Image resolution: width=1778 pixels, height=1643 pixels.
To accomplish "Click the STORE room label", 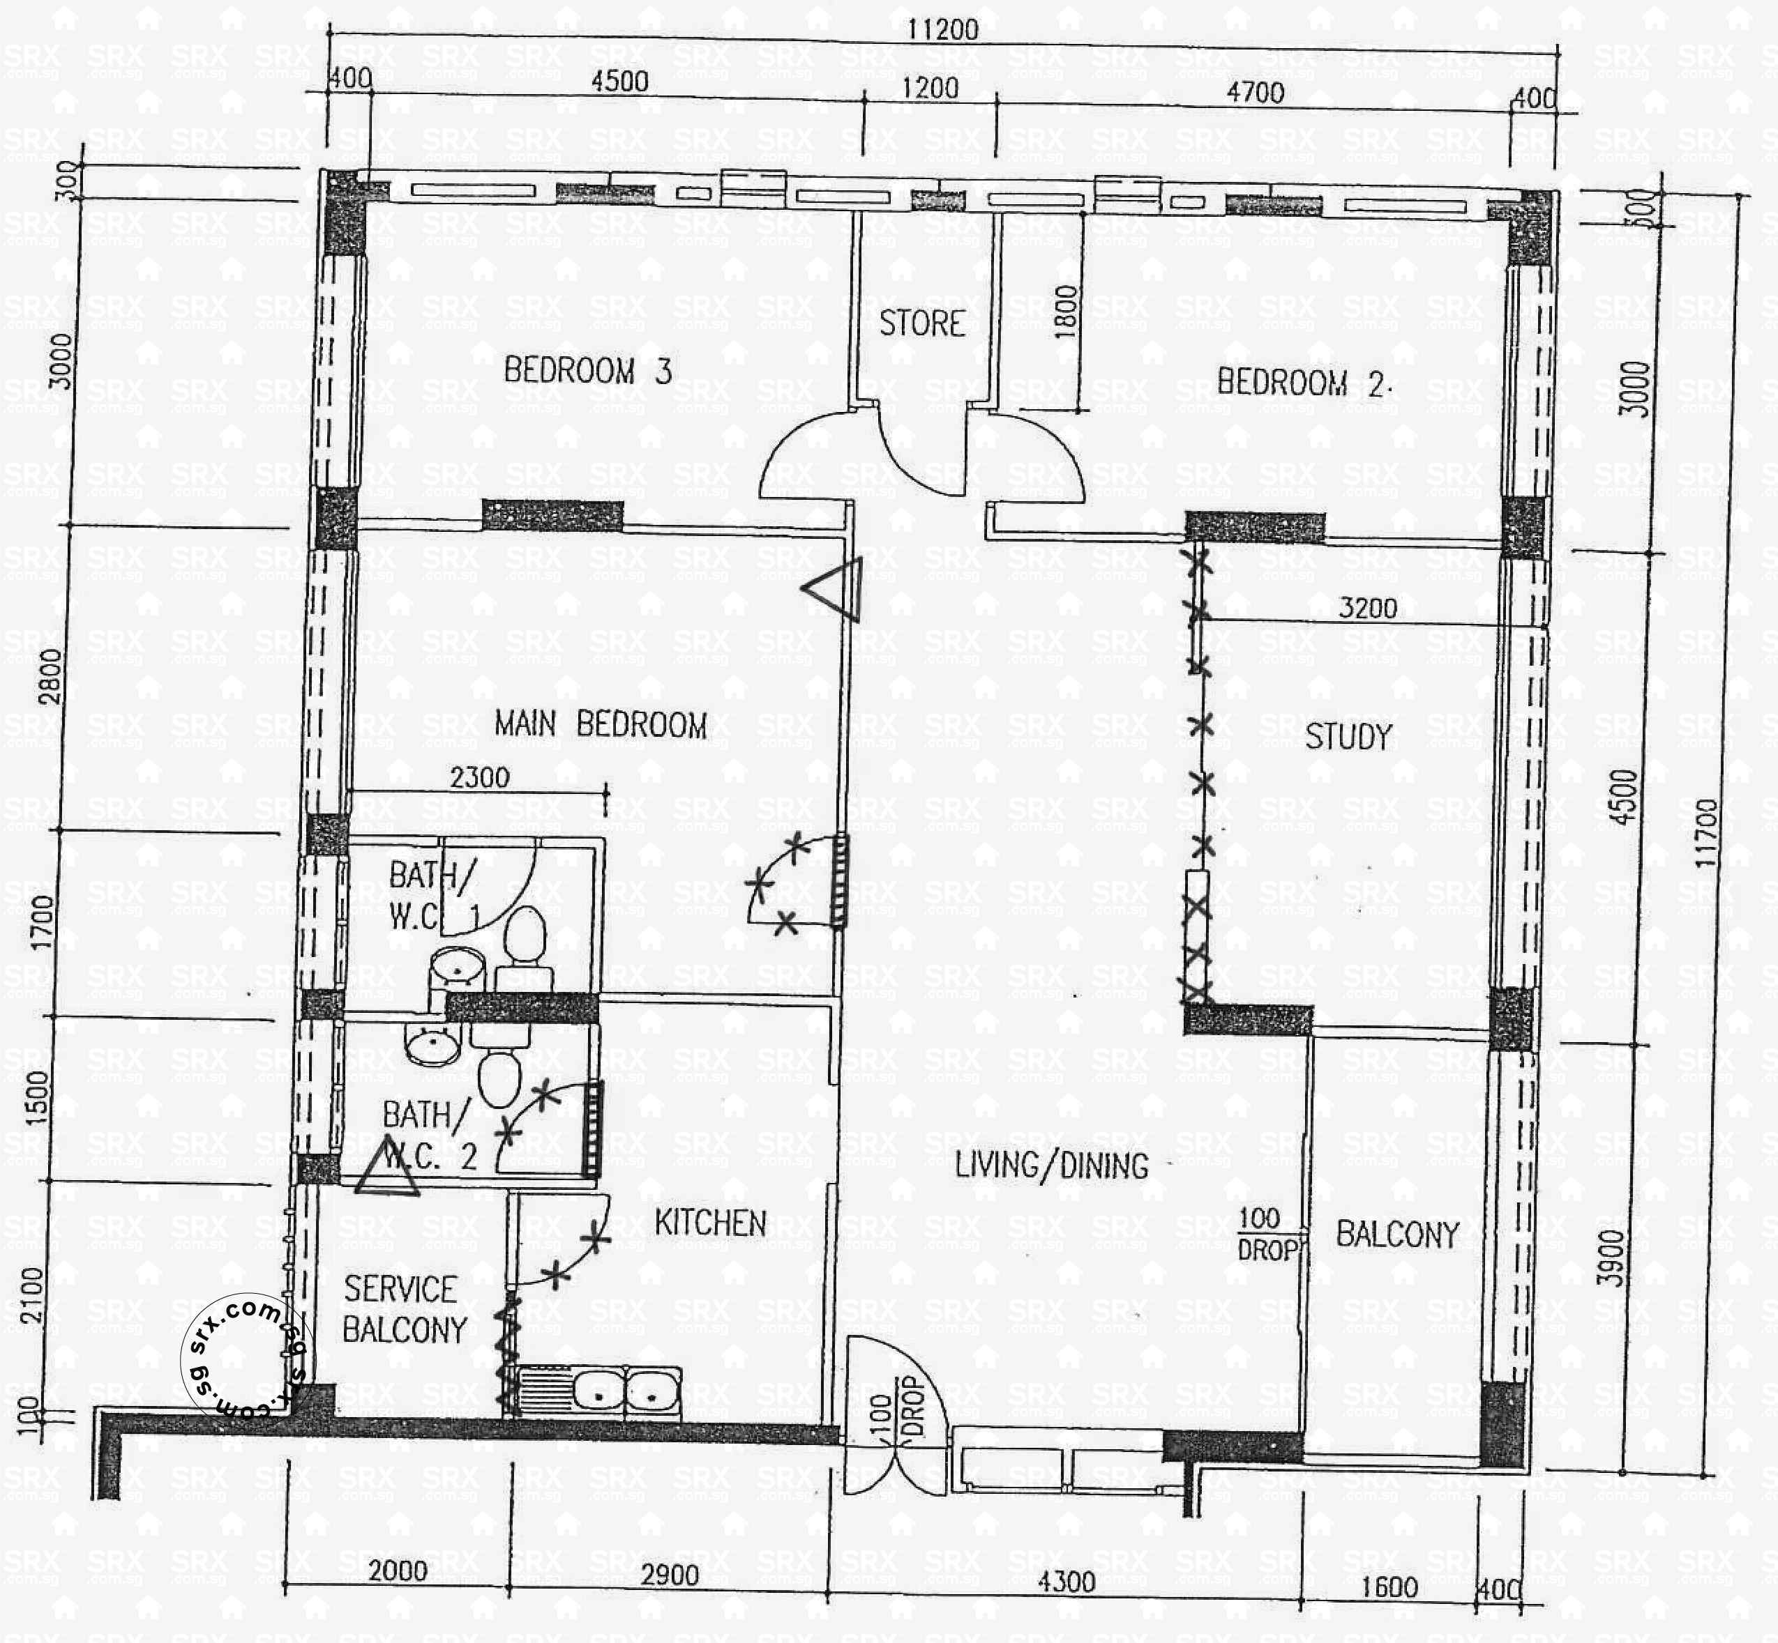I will (921, 323).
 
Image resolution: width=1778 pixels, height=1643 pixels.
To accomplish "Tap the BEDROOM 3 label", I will (587, 371).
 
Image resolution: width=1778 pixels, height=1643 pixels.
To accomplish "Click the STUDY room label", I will (1348, 736).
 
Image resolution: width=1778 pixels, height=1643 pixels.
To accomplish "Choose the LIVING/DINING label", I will (1051, 1165).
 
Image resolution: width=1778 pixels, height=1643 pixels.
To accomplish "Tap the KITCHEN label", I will (710, 1223).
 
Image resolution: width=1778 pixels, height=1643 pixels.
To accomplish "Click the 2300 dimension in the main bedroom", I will (479, 778).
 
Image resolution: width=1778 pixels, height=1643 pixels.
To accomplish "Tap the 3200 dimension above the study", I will (1367, 608).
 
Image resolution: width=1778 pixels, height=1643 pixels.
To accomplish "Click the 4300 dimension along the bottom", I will (1067, 1582).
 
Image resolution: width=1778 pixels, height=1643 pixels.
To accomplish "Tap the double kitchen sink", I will (626, 1391).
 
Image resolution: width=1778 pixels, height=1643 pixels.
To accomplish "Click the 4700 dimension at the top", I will (1255, 91).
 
